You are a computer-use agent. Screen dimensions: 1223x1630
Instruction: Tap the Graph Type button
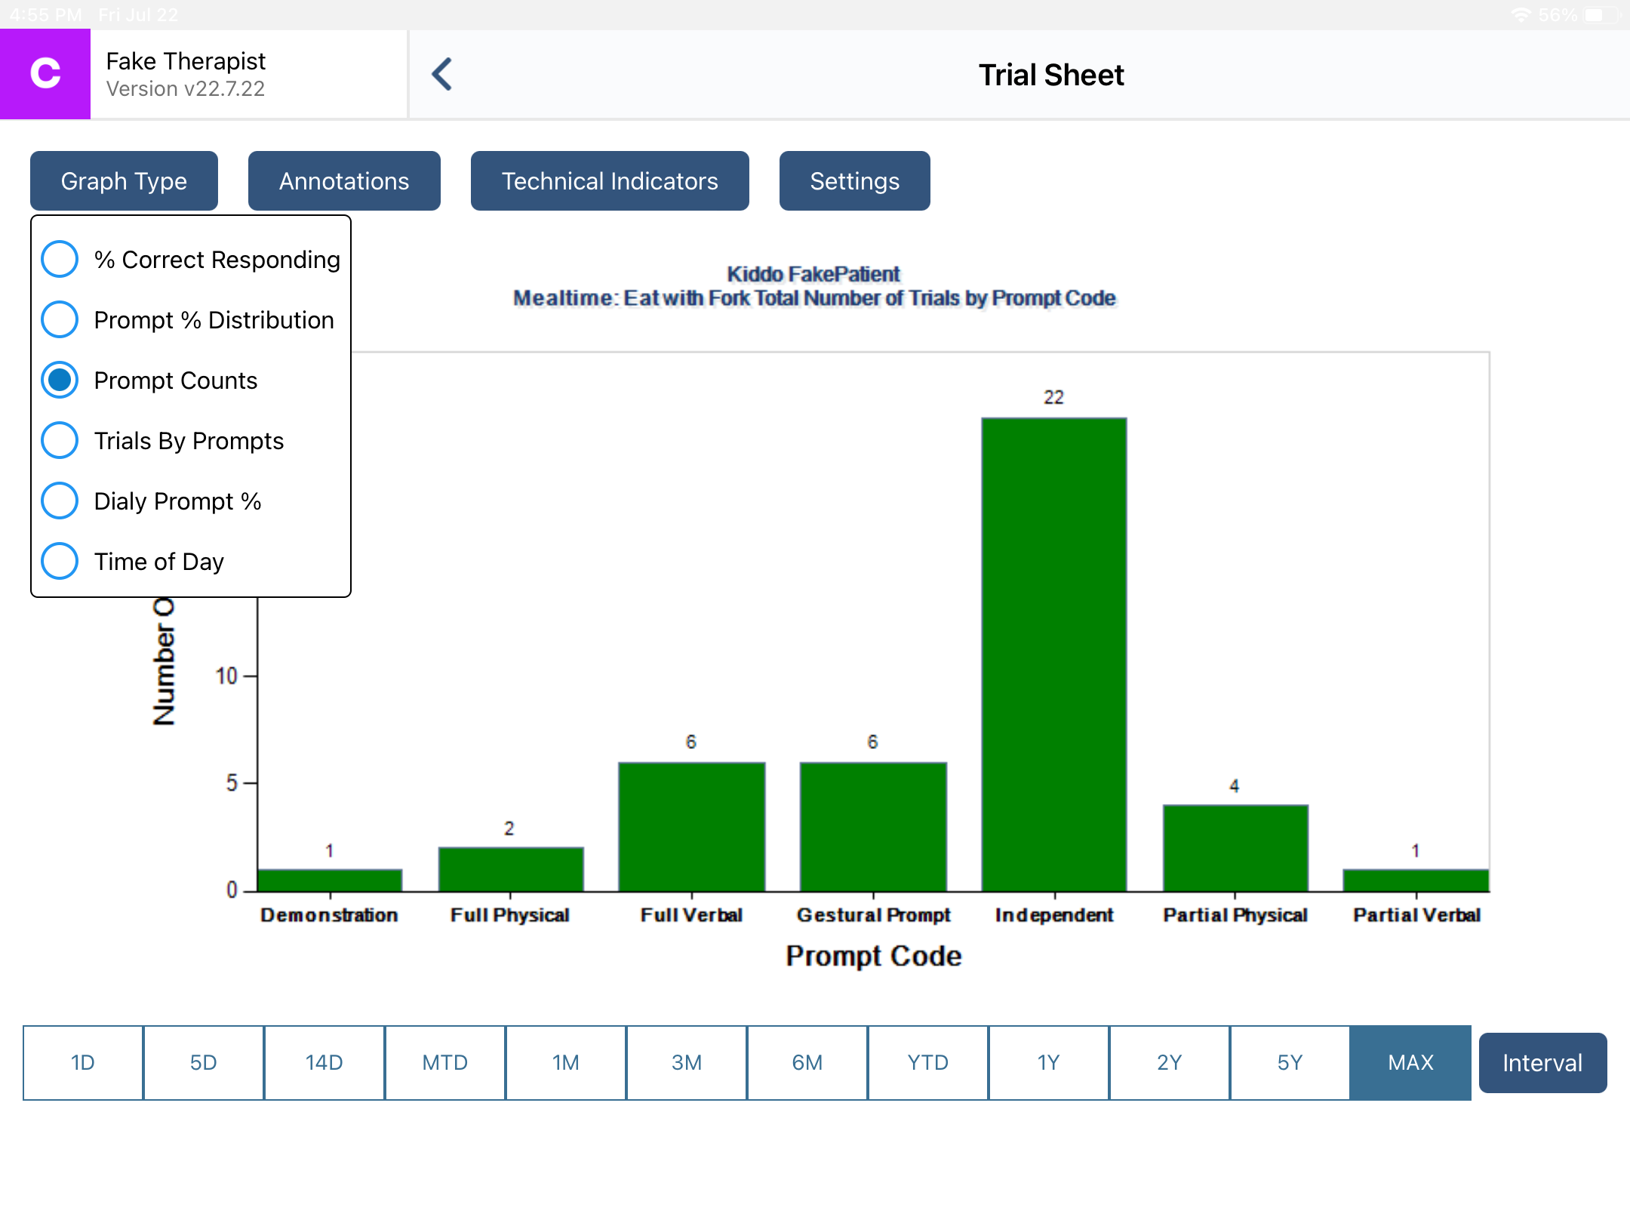click(124, 181)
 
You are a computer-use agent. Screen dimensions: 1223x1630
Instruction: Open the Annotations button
click(344, 181)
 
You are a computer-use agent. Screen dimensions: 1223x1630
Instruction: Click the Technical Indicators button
click(610, 181)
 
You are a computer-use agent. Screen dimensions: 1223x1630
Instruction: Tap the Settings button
click(854, 181)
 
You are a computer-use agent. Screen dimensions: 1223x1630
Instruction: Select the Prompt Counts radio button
click(60, 380)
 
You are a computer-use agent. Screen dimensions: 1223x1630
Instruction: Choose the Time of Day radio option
click(60, 561)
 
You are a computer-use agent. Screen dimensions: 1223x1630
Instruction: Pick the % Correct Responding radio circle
click(60, 259)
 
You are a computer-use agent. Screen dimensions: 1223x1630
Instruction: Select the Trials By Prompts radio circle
click(60, 440)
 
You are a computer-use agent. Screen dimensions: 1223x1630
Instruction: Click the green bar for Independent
click(1054, 654)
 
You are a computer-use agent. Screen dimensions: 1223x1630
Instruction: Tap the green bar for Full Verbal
click(691, 827)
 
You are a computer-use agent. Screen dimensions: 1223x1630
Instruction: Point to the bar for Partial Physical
click(1235, 848)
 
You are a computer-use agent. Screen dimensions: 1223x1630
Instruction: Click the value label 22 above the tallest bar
click(1053, 398)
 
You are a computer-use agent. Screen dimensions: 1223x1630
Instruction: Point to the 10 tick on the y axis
click(226, 676)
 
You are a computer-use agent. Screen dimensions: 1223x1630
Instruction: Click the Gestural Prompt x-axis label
click(873, 915)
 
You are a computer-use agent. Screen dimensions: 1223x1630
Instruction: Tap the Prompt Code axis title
click(873, 956)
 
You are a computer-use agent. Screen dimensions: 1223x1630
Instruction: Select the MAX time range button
click(1410, 1062)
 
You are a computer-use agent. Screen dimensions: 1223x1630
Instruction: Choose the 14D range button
click(324, 1062)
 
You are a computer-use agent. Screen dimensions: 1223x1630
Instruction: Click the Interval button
click(1542, 1062)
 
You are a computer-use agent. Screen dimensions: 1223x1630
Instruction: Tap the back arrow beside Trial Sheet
click(442, 75)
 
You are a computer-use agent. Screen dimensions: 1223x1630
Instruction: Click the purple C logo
click(45, 74)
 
